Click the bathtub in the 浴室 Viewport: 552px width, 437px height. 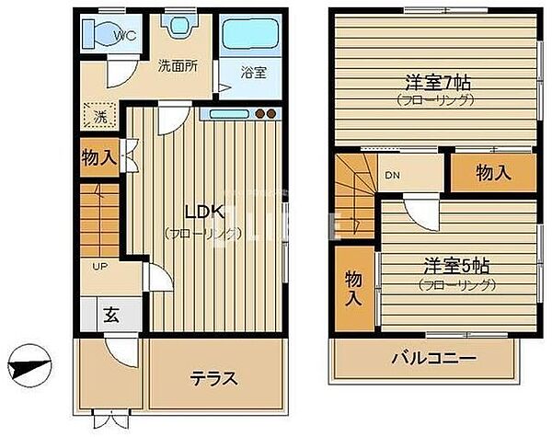coord(249,34)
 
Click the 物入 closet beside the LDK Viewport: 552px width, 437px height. coord(98,157)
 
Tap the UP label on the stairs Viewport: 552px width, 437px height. coord(98,266)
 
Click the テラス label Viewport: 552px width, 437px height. coord(214,378)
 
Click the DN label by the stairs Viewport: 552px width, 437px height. coord(391,175)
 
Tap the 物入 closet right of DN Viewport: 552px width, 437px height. coord(493,173)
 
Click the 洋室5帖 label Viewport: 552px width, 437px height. coord(456,265)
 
